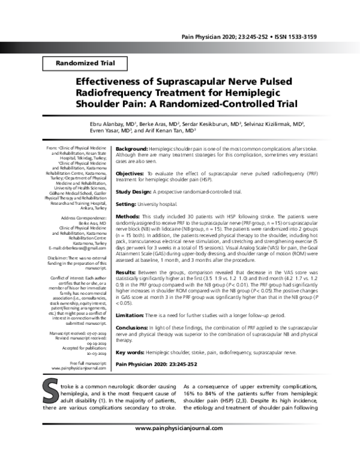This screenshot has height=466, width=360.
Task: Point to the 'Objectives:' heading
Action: point(130,172)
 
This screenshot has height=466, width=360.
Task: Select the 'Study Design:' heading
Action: point(134,192)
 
